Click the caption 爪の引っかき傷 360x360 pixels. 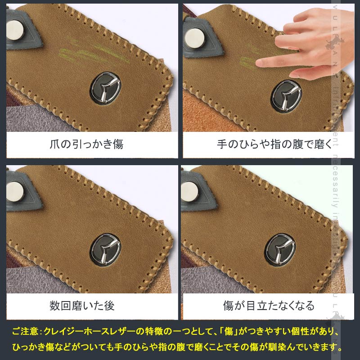click(x=86, y=144)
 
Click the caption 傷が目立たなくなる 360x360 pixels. click(x=269, y=306)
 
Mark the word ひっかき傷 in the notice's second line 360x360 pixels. click(x=38, y=347)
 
